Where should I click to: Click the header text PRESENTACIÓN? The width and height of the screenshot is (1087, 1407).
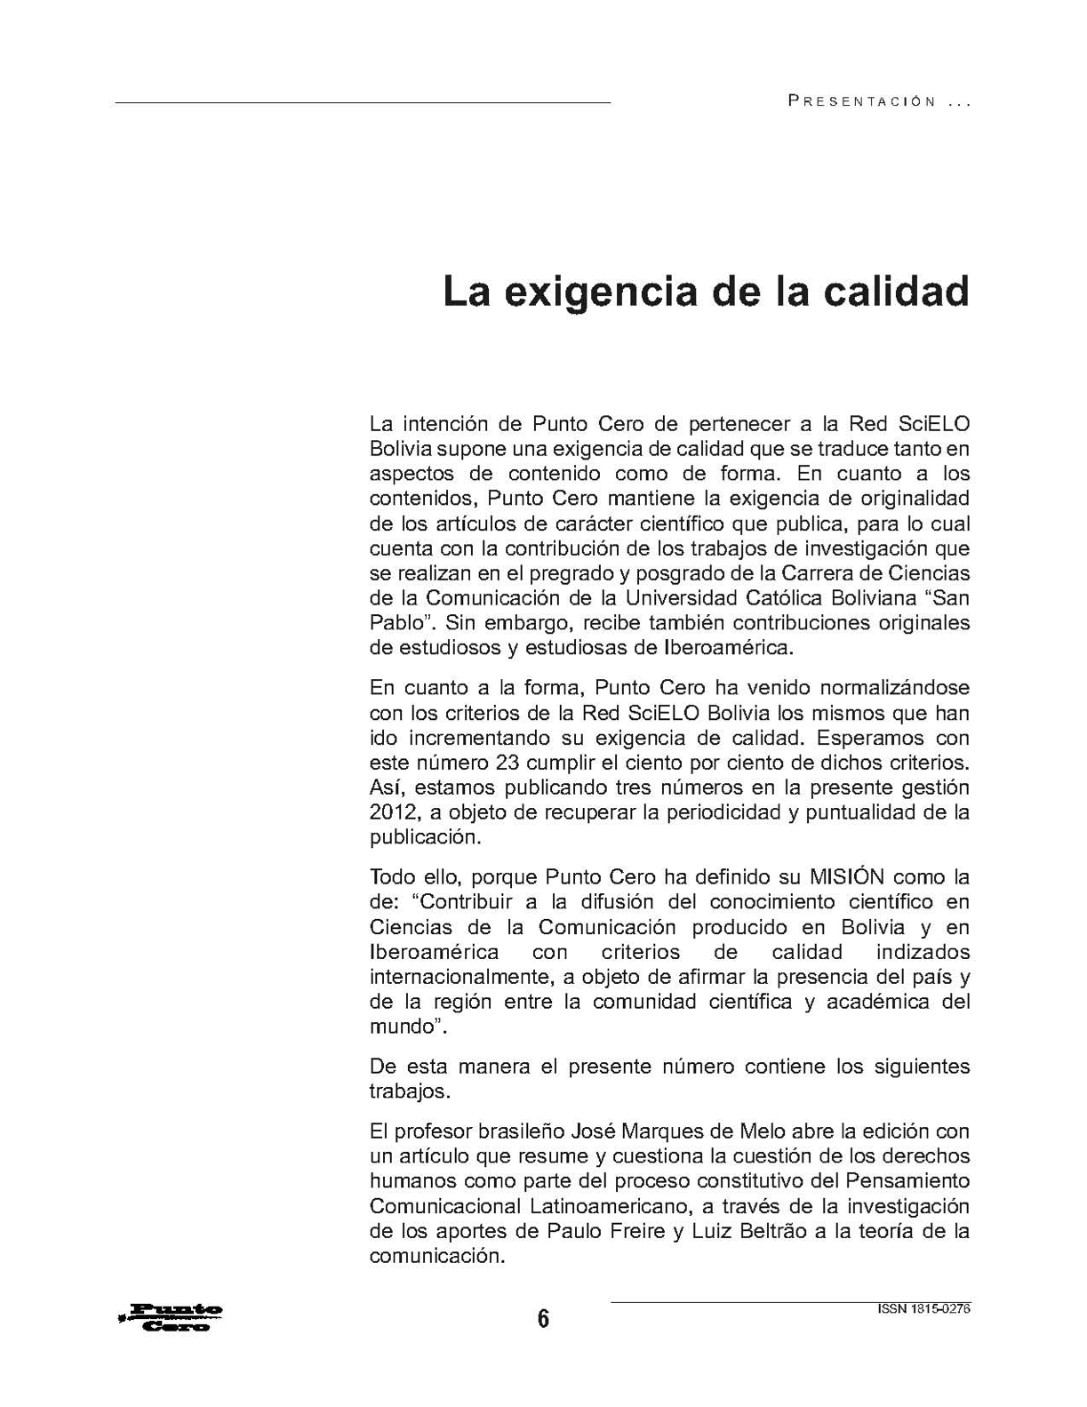(862, 102)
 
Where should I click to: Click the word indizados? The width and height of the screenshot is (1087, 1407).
(923, 952)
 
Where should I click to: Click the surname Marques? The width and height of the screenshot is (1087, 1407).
(641, 1131)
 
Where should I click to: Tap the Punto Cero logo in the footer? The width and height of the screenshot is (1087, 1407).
(172, 1317)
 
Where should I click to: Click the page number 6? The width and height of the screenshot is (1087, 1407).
(543, 1318)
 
